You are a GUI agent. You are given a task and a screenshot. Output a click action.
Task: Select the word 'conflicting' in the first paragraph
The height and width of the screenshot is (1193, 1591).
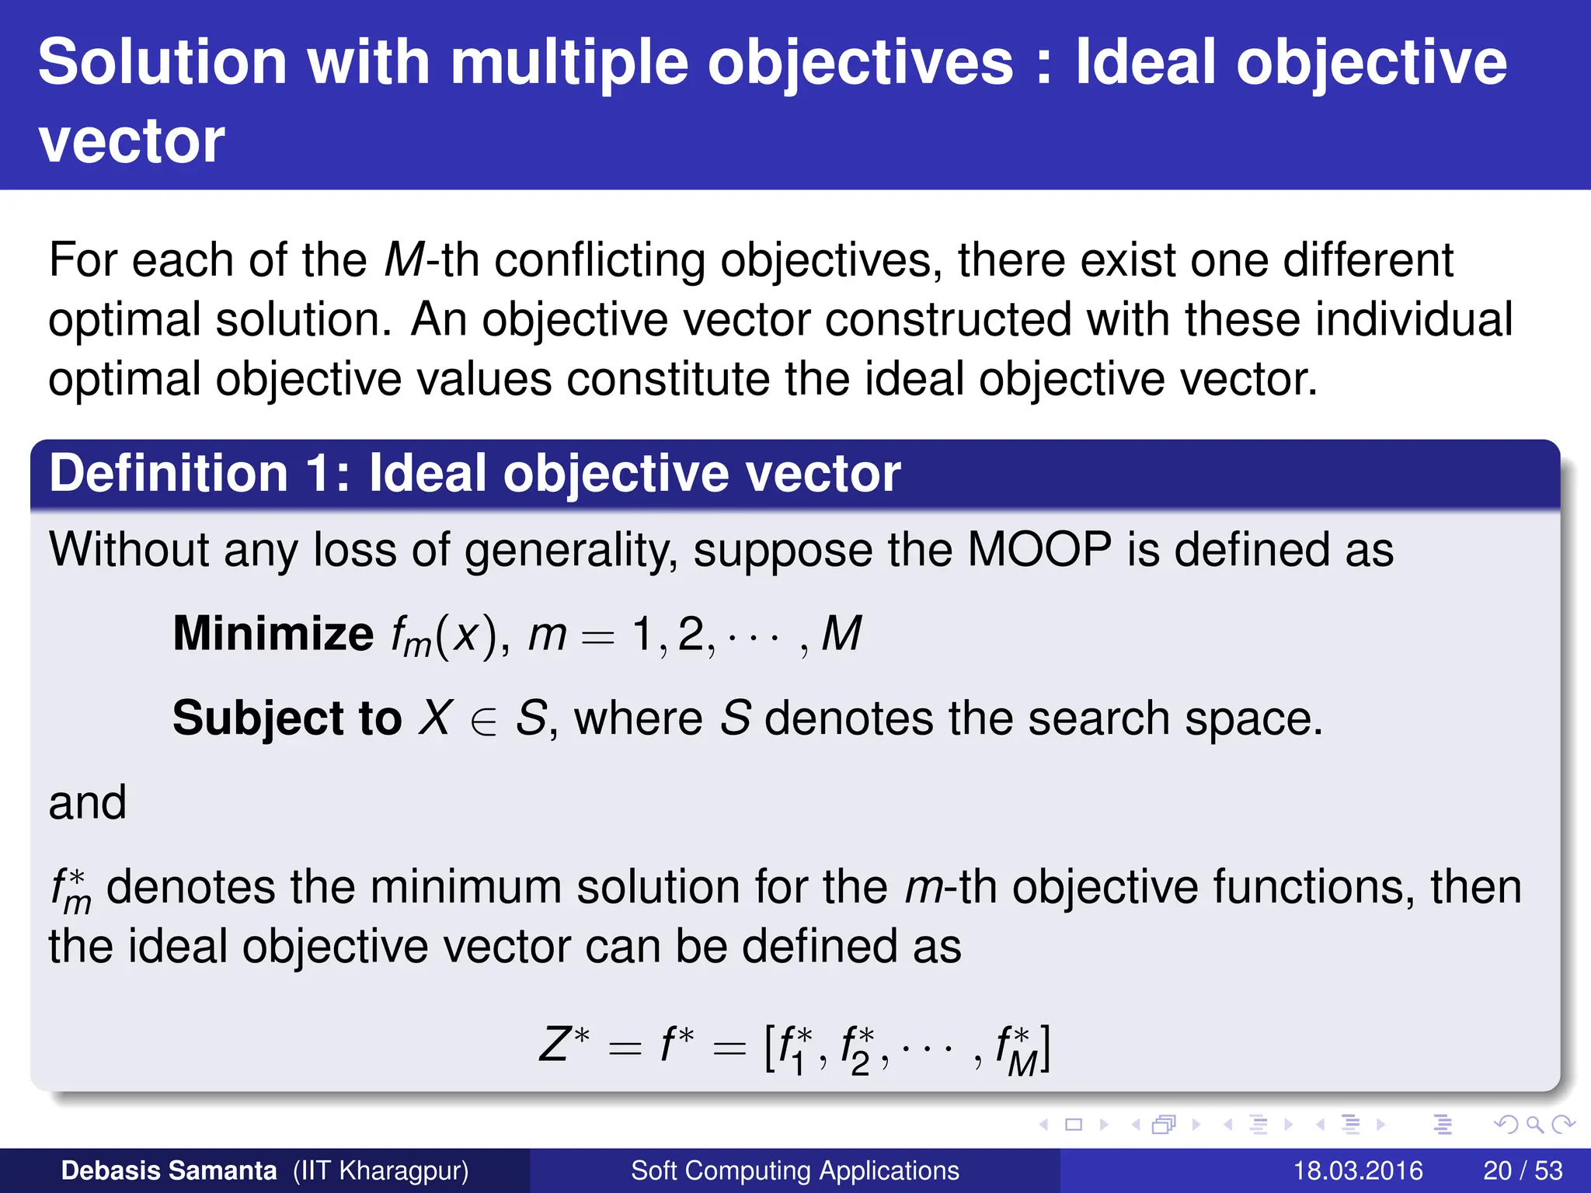point(599,260)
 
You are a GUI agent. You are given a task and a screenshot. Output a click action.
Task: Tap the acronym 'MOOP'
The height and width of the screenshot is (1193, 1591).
point(1039,550)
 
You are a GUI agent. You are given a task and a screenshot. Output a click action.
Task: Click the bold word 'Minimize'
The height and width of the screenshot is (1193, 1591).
point(273,634)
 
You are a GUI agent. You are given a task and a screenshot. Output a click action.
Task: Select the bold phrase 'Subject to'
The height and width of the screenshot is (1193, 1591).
point(287,718)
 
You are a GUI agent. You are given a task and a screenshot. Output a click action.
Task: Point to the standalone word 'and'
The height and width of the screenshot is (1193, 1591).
point(87,802)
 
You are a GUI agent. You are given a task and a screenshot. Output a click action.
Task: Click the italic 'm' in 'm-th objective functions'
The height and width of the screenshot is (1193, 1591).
point(922,887)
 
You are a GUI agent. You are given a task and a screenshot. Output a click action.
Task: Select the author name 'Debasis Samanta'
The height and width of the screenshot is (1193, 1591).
point(169,1170)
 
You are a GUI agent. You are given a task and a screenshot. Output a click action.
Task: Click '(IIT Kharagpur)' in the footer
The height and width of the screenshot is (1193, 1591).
point(381,1170)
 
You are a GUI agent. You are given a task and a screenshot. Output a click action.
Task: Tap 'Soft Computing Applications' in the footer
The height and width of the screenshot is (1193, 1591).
point(795,1170)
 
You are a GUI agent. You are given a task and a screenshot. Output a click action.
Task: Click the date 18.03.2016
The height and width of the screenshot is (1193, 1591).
point(1357,1170)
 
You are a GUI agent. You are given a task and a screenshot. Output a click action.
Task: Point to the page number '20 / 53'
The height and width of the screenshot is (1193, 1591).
point(1523,1170)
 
